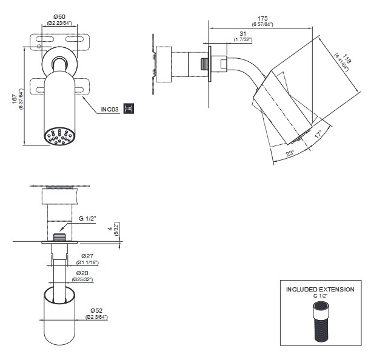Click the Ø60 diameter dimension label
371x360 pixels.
coord(59,17)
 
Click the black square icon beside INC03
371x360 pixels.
coord(128,108)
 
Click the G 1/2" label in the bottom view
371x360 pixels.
coord(90,219)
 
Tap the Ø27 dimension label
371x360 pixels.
coord(87,257)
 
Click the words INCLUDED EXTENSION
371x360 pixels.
coord(320,290)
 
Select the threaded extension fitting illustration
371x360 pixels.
coord(320,322)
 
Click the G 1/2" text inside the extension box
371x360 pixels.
coord(320,296)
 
